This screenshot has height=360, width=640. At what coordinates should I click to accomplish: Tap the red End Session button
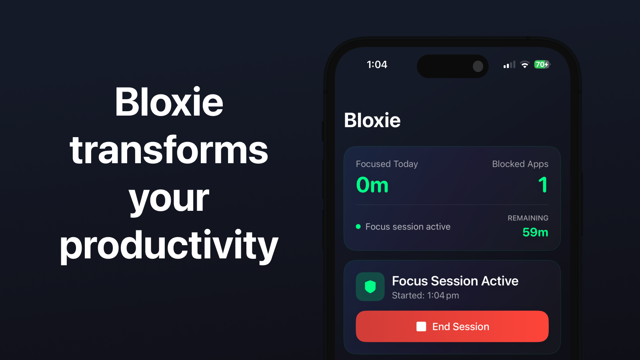(452, 326)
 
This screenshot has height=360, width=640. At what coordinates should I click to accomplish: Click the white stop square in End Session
(421, 326)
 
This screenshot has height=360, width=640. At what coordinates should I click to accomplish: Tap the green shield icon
(370, 286)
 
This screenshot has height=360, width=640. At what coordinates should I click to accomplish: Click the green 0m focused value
(372, 185)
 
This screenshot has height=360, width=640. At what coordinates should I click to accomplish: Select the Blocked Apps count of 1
(543, 185)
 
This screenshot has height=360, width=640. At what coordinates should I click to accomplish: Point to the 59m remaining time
(535, 232)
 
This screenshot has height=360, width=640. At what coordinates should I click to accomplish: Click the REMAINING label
(528, 218)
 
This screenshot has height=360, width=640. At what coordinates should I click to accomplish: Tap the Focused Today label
(387, 164)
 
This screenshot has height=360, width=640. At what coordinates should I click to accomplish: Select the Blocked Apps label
(520, 164)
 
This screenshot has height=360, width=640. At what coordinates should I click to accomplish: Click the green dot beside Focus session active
(358, 227)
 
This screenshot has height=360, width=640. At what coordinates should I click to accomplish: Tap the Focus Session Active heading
(455, 281)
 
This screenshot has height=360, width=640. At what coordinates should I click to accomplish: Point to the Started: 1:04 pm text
(425, 296)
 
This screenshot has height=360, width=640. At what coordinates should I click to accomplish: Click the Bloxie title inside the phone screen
(372, 120)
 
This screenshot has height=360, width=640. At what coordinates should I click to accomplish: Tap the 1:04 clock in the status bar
(377, 65)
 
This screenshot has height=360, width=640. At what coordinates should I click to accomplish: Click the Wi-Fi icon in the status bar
(524, 65)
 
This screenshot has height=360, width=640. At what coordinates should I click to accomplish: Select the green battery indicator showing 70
(542, 64)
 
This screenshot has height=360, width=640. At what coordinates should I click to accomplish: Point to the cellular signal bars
(509, 65)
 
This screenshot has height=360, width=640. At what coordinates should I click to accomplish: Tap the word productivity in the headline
(169, 245)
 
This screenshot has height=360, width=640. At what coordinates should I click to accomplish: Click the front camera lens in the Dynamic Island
(478, 66)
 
